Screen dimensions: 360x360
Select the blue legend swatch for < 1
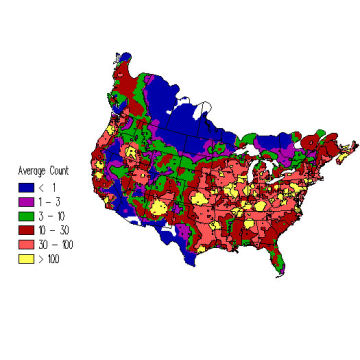point(25,186)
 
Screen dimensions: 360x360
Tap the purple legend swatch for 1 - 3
point(25,200)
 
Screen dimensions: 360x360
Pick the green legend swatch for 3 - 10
point(25,214)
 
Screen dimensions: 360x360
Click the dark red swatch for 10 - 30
point(25,229)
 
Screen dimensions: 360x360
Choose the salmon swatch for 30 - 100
point(25,243)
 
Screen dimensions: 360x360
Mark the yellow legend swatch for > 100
point(25,257)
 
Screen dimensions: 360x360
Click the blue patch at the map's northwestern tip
point(123,59)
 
